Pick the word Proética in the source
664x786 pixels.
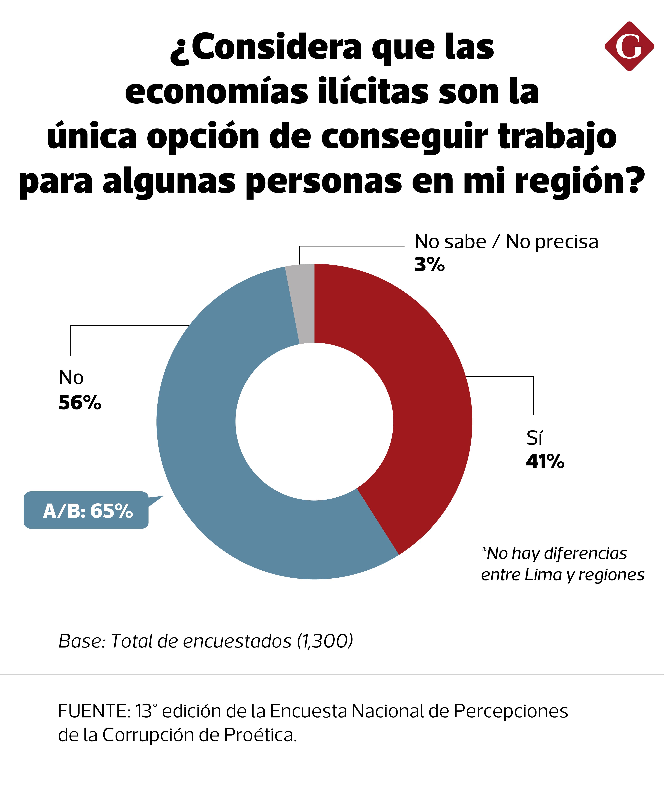[x=260, y=735]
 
